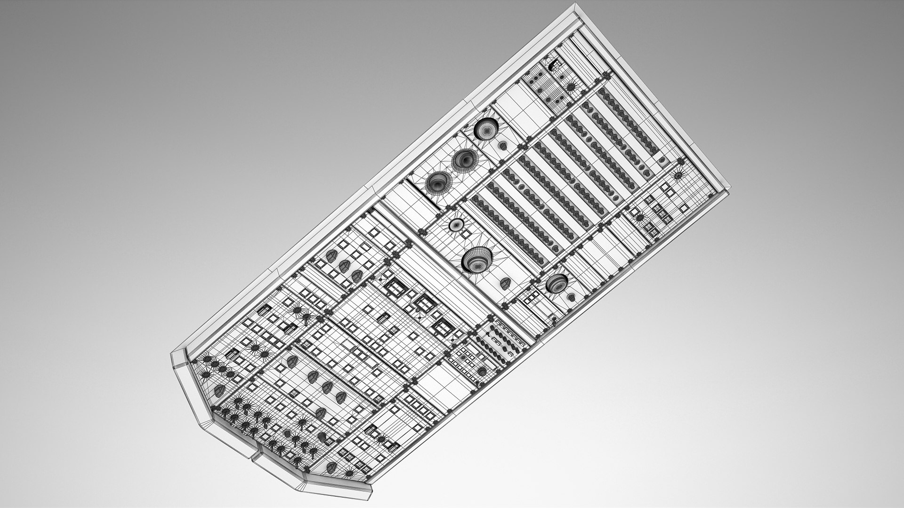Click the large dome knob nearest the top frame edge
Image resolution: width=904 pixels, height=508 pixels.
click(x=486, y=128)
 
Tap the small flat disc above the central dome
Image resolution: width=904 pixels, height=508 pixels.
click(x=456, y=225)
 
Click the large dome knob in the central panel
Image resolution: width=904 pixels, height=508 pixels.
click(x=476, y=260)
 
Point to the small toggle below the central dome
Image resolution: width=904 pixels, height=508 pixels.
click(x=506, y=283)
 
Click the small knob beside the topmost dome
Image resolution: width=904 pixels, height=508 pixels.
click(x=503, y=145)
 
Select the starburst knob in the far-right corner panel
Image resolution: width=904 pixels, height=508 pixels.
click(x=678, y=175)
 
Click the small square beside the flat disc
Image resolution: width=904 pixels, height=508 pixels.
click(x=467, y=234)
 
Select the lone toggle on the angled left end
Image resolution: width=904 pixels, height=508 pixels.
click(x=219, y=390)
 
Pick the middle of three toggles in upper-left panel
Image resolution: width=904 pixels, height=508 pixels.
click(x=344, y=265)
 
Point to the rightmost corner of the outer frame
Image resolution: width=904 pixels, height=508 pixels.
click(x=729, y=190)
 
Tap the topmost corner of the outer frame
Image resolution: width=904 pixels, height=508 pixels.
click(x=576, y=5)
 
